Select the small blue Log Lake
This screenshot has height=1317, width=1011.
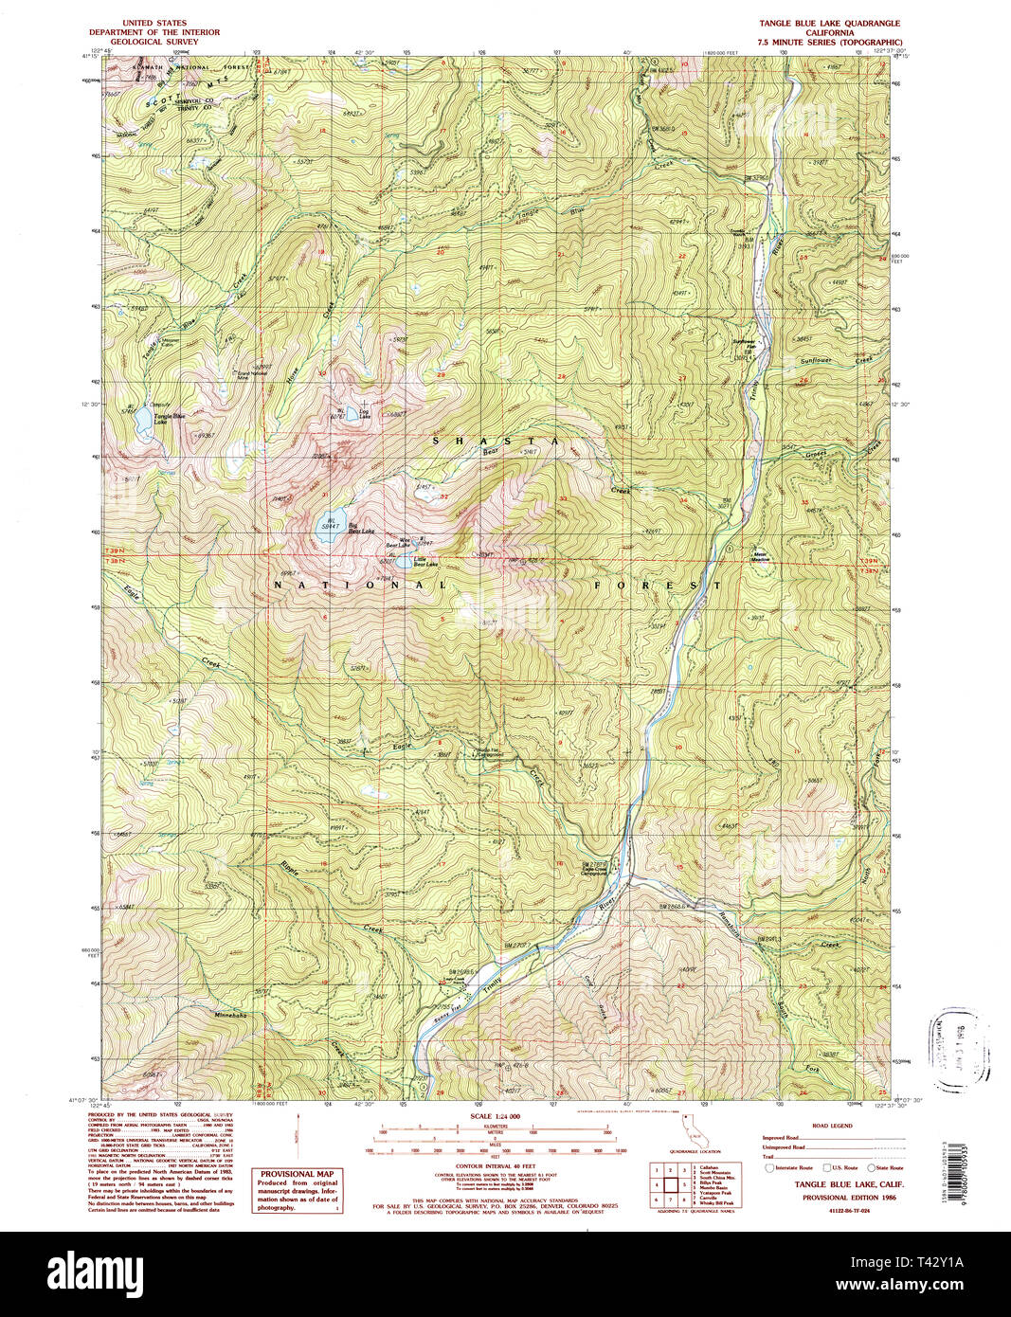352,412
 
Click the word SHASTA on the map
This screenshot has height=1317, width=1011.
496,442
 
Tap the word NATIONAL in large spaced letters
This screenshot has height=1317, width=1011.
360,586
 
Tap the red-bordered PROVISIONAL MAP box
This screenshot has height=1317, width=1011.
298,1190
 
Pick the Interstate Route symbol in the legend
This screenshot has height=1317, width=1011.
769,1168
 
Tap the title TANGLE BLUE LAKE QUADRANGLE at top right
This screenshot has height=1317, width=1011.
829,23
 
